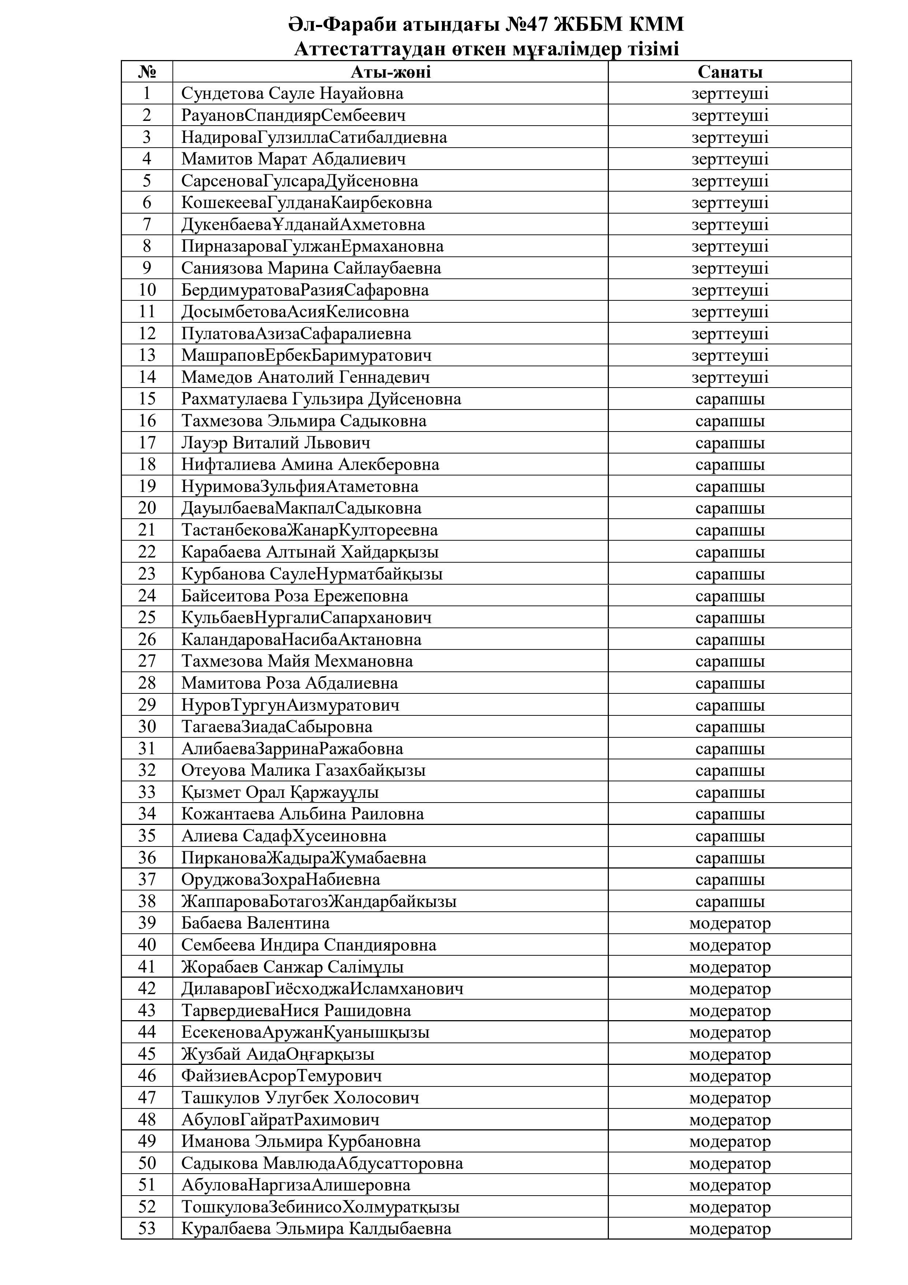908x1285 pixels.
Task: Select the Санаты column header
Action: point(730,72)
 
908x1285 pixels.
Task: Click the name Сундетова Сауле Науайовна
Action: point(292,93)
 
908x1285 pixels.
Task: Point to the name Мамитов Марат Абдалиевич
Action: point(293,159)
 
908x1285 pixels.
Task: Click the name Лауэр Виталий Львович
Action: point(275,443)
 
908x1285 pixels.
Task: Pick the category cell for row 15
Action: point(730,399)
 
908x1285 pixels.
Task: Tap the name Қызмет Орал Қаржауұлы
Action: point(280,792)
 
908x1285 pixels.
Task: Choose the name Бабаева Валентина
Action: point(255,923)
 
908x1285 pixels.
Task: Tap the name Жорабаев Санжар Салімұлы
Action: point(292,967)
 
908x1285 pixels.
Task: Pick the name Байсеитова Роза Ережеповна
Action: point(294,596)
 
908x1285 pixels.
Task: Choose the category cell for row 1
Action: point(730,93)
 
